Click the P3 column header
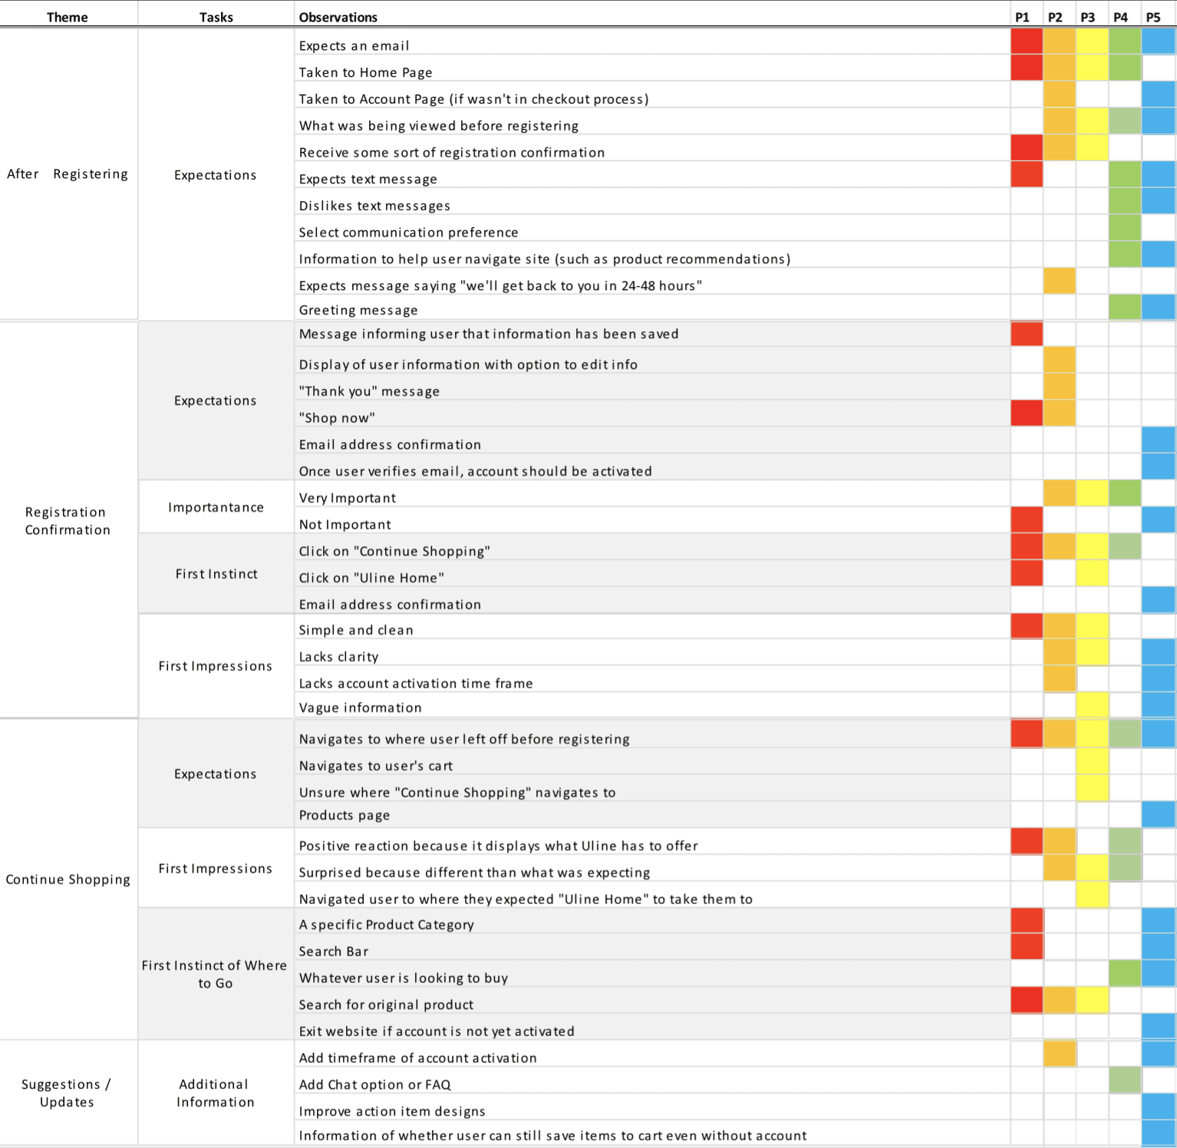coord(1087,17)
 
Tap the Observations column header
coord(338,17)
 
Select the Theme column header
coord(68,17)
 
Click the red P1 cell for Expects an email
coord(1027,41)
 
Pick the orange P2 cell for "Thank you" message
coord(1059,386)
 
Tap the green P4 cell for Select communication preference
coord(1124,228)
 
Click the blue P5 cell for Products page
coord(1158,814)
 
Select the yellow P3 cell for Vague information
coord(1092,704)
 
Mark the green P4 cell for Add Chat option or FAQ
coord(1124,1080)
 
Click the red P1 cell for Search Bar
coord(1027,947)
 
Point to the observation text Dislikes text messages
coord(374,206)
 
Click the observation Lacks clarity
coord(338,657)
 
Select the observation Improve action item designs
coord(392,1111)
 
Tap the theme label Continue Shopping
coord(68,879)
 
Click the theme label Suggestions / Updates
coord(67,1093)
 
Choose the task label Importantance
coord(216,507)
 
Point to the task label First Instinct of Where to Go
coord(215,974)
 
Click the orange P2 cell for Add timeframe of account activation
coord(1059,1054)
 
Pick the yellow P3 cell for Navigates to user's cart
coord(1092,761)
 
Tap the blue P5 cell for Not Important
coord(1158,520)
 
